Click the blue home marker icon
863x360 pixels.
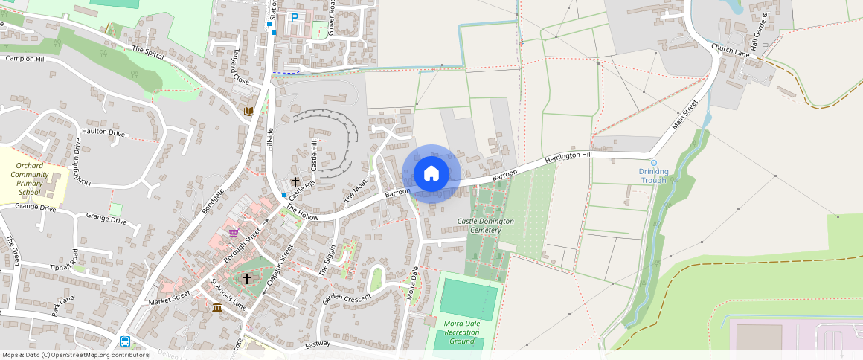tap(431, 174)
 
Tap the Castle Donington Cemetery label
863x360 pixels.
tap(485, 225)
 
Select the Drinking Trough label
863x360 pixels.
tap(653, 176)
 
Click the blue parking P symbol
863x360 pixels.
tap(294, 18)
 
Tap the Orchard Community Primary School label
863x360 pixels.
tap(30, 179)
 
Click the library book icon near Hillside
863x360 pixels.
tap(249, 111)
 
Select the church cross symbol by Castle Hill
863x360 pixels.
tap(295, 181)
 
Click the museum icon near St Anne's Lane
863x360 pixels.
tap(216, 307)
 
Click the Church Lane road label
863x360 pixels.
tap(730, 51)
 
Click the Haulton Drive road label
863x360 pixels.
tap(103, 132)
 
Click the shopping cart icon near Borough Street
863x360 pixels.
tap(234, 233)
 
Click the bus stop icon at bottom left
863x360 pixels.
tap(125, 341)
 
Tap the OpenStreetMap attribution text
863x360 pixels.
tap(75, 355)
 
